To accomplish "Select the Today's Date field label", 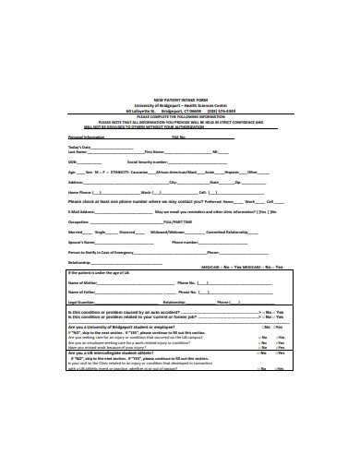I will (x=80, y=146).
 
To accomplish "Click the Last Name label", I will (x=78, y=151).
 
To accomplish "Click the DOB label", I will (x=74, y=161).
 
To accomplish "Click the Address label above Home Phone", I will (x=77, y=182).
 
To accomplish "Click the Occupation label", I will (x=79, y=221).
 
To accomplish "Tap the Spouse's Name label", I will (x=81, y=241).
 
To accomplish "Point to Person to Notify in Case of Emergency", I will (x=102, y=251).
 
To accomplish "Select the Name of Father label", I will (x=86, y=292).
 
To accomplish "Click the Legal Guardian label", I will (x=84, y=302).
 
